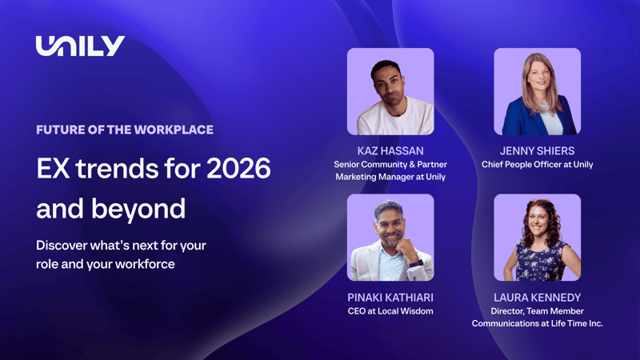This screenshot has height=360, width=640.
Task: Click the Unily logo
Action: [80, 46]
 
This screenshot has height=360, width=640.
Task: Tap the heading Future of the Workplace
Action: [124, 130]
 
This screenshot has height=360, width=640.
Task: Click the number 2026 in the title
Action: [238, 168]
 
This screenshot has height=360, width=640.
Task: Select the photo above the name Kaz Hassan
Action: [390, 91]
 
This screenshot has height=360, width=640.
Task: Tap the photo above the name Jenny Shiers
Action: [537, 91]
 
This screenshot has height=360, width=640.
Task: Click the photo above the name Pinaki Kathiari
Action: [390, 237]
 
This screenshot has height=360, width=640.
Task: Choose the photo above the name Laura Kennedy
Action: [537, 237]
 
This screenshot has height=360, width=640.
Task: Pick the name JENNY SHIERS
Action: [537, 150]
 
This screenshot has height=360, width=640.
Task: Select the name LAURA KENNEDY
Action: [537, 297]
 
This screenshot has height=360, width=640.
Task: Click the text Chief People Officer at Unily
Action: [537, 165]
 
